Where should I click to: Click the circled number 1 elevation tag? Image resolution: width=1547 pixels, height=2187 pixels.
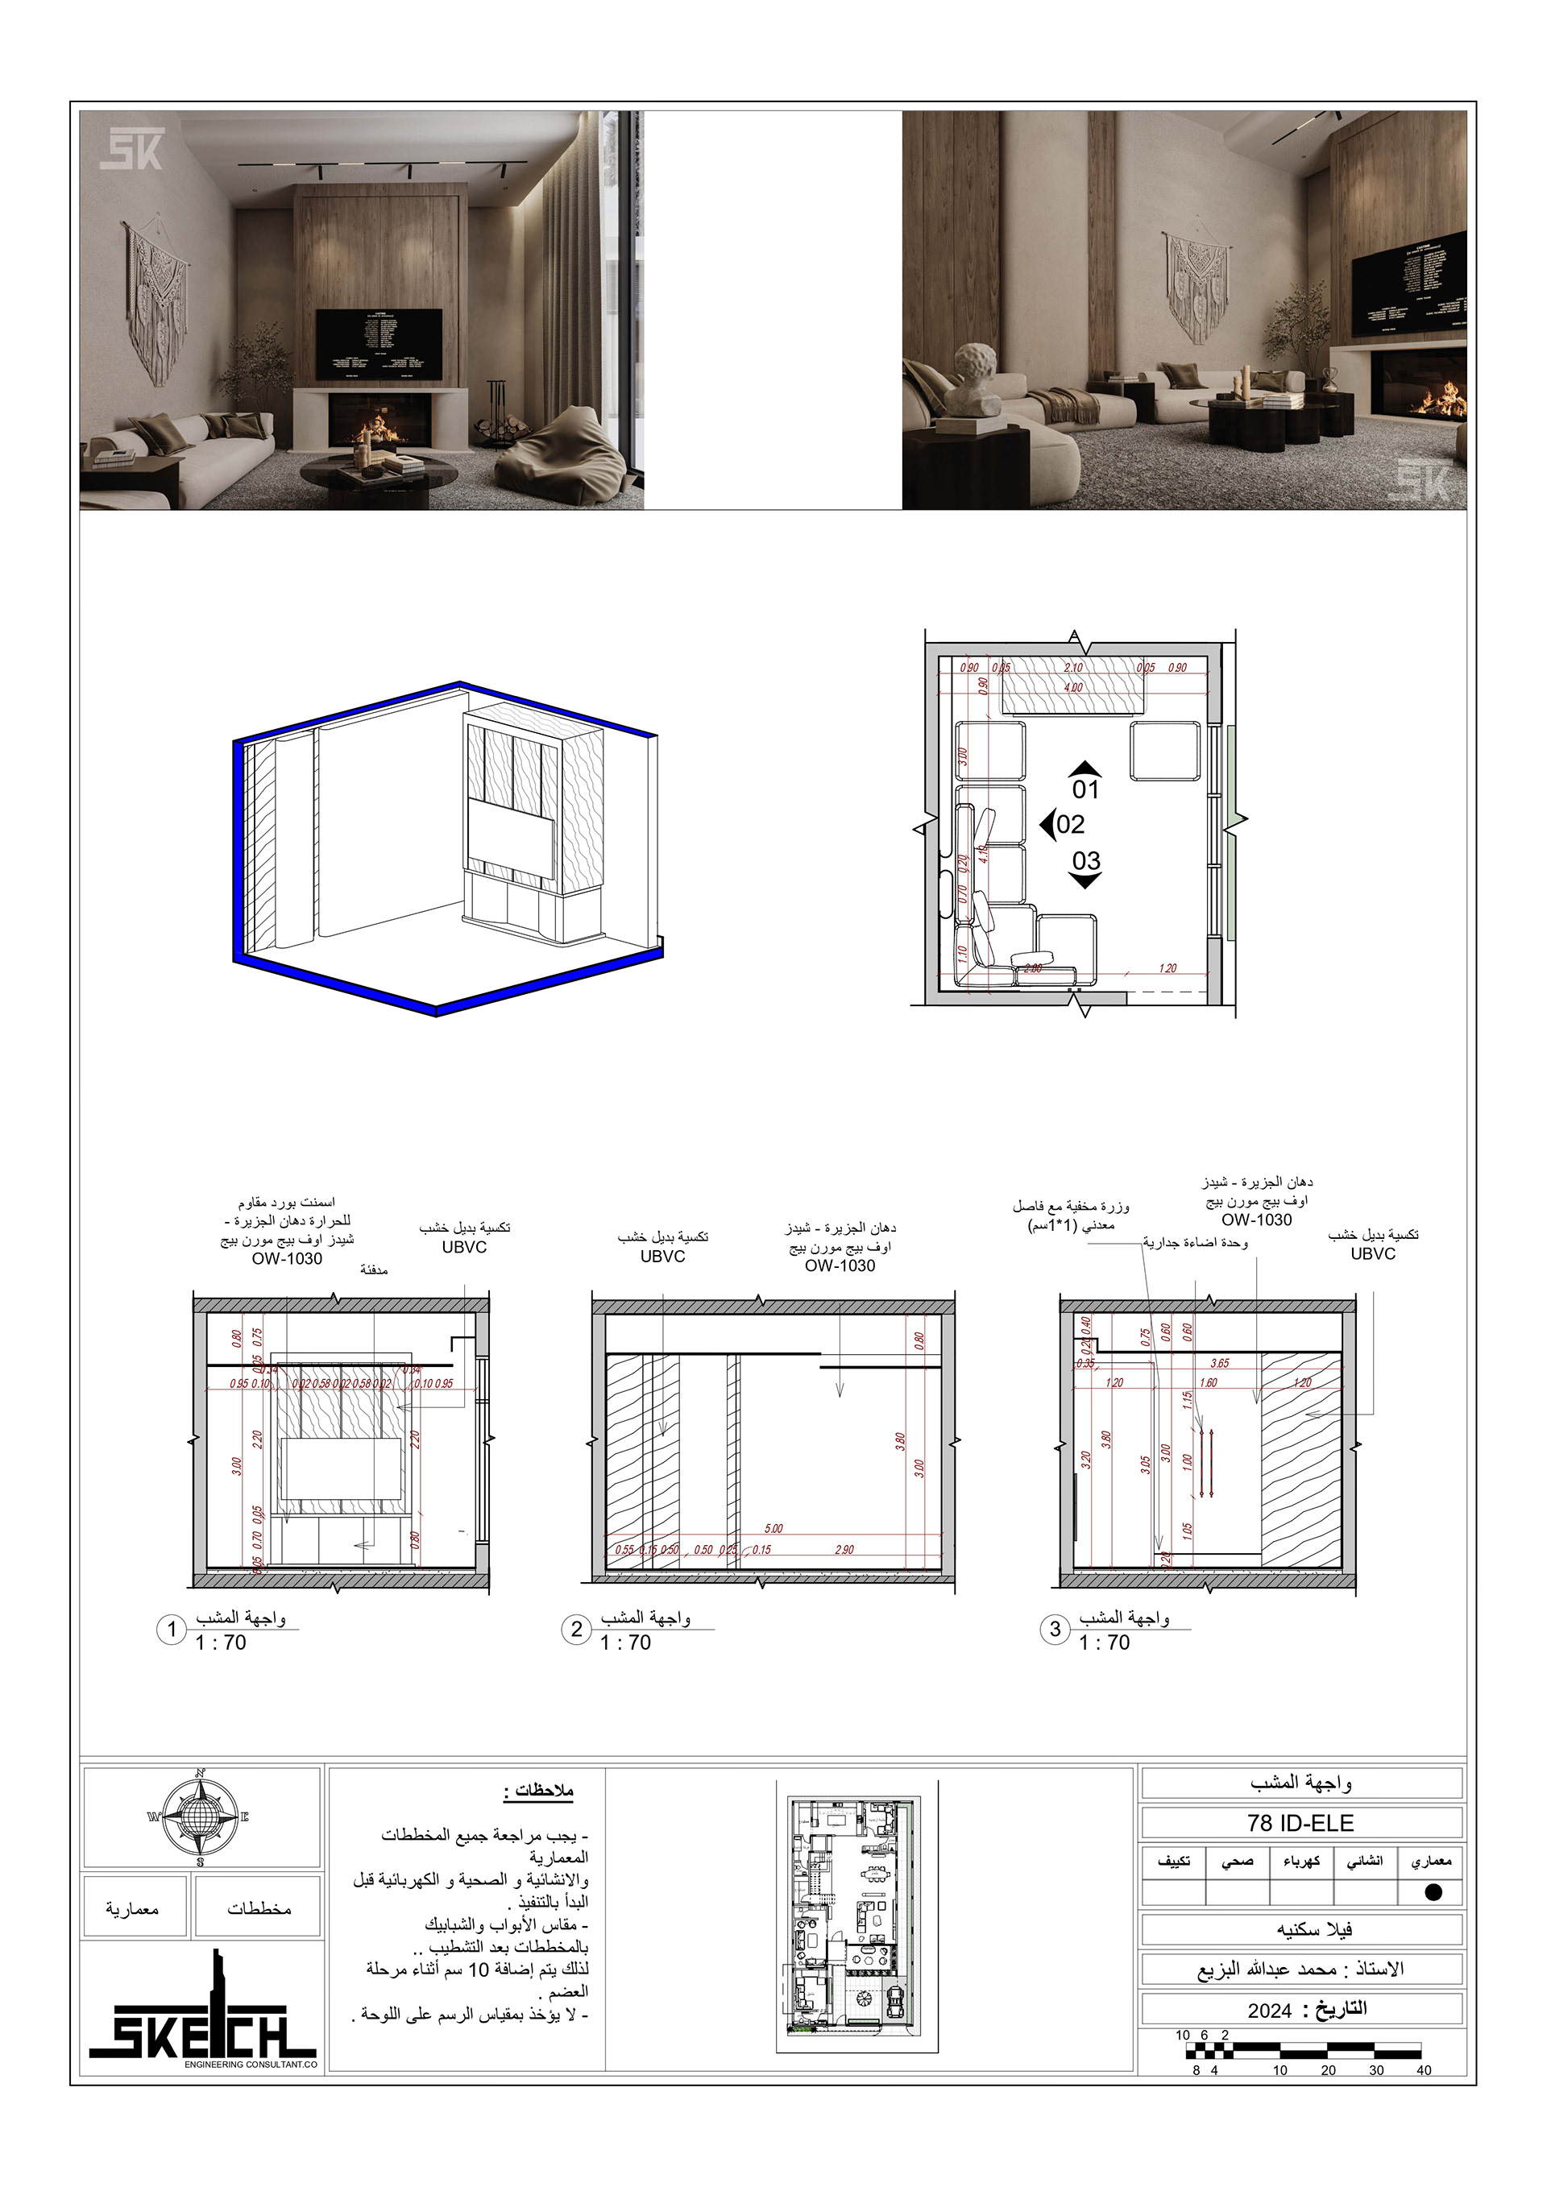(x=172, y=1629)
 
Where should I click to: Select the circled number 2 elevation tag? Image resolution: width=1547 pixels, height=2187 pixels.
(x=575, y=1629)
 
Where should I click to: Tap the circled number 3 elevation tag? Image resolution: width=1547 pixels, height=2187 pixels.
(x=1055, y=1629)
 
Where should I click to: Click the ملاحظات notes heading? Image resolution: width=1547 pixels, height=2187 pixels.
(x=539, y=1790)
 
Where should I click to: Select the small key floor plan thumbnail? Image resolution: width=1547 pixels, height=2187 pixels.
(x=852, y=1917)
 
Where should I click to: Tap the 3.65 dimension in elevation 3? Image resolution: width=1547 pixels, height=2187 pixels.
(x=1219, y=1363)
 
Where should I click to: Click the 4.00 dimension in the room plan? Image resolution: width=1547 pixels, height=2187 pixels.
(x=1073, y=688)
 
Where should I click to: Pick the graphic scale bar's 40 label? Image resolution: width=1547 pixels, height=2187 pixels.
(x=1423, y=2070)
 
